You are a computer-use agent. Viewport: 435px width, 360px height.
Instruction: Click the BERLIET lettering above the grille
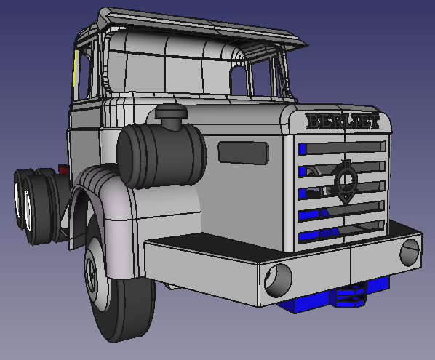(343, 121)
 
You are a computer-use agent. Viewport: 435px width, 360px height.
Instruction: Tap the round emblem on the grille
(345, 182)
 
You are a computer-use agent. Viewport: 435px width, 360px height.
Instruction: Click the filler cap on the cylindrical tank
(171, 116)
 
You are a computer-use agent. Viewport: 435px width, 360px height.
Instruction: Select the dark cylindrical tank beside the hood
(161, 156)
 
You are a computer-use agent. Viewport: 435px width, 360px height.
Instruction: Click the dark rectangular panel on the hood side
(243, 152)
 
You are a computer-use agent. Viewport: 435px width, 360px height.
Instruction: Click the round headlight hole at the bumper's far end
(410, 252)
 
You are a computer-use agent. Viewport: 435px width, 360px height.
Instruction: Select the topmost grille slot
(343, 148)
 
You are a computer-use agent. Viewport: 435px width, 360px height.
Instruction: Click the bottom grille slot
(341, 233)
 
